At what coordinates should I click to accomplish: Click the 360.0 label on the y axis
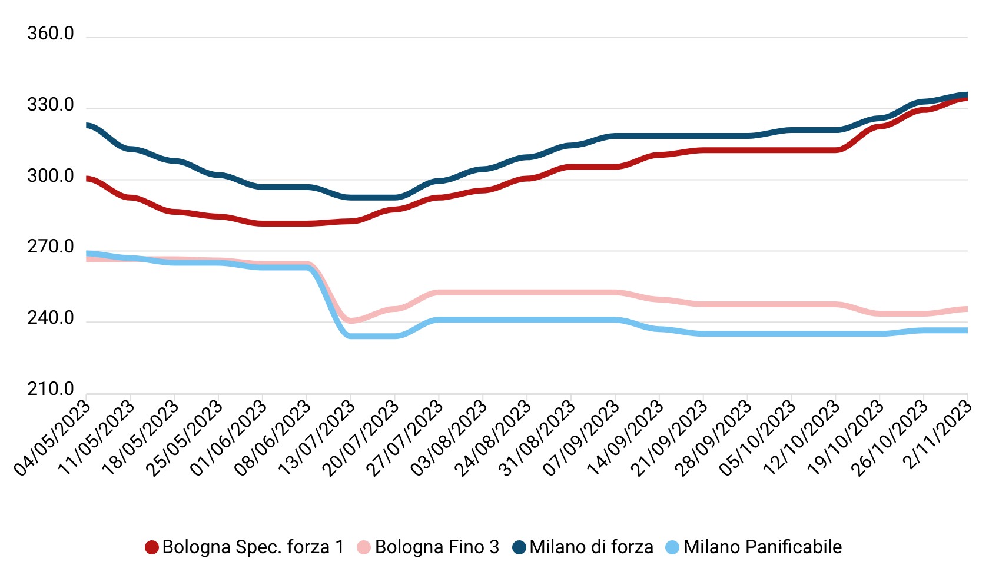pos(51,34)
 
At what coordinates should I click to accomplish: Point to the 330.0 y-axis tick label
pos(51,105)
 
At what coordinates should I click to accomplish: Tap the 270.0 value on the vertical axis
pos(51,247)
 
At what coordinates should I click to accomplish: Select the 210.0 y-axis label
pos(51,390)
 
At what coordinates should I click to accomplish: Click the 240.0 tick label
pos(51,318)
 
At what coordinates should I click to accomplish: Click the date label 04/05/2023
pos(53,438)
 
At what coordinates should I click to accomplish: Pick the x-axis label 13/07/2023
pos(317,438)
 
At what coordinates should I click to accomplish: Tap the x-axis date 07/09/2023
pos(582,438)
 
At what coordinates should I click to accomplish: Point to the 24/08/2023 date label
pos(493,438)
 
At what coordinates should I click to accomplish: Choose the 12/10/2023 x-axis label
pos(802,438)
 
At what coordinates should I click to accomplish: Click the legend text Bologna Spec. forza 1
pos(253,547)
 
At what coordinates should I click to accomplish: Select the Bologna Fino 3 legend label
pos(437,547)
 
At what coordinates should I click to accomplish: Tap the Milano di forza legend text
pos(591,547)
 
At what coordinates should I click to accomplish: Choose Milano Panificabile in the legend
pos(762,547)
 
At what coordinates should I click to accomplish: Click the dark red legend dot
pos(152,547)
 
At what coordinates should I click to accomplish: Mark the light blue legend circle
pos(672,547)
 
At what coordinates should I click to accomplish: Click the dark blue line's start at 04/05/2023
pos(88,125)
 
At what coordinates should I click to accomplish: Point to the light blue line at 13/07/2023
pos(350,336)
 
